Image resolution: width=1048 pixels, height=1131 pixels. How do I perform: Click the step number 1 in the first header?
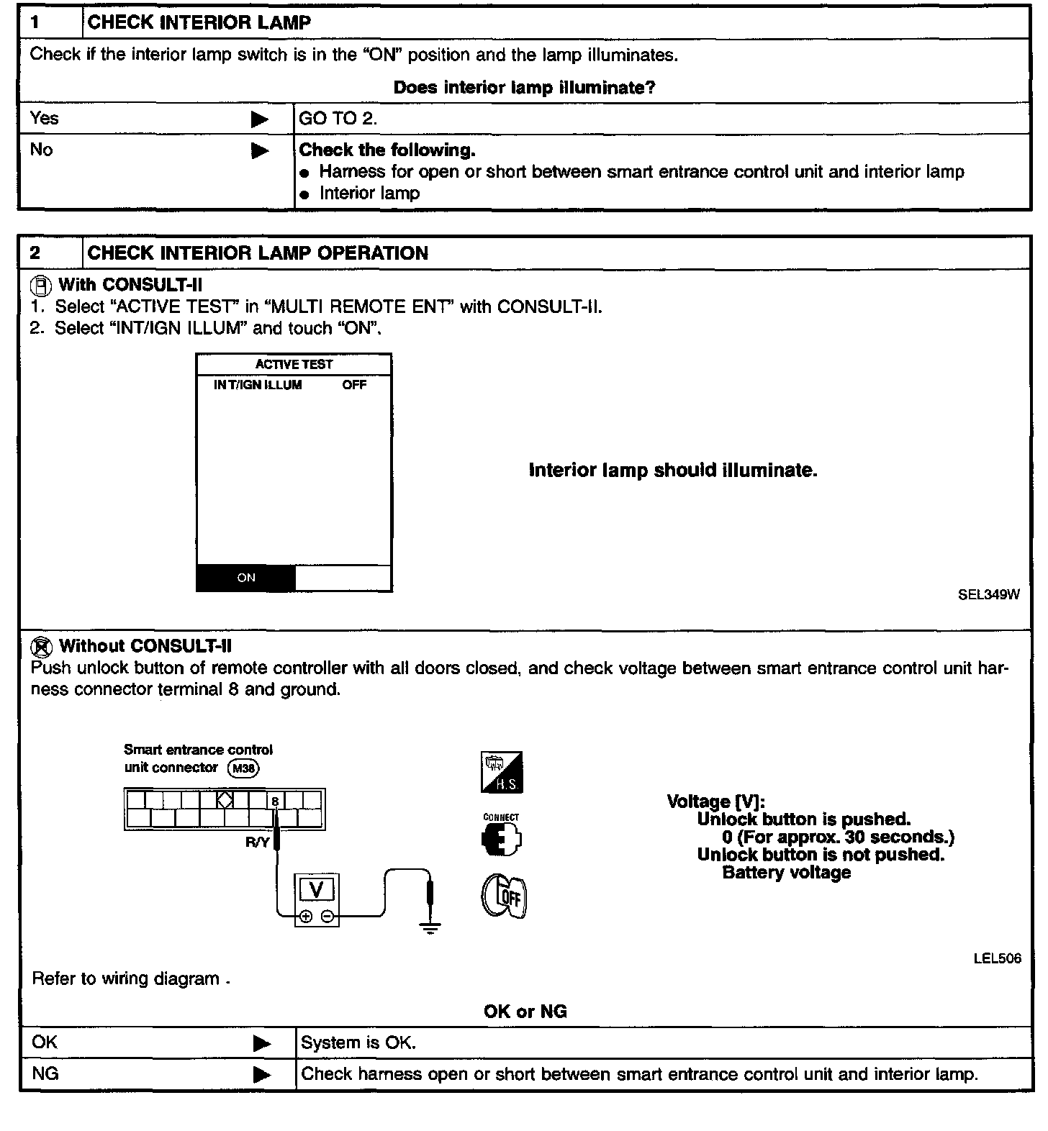coord(35,22)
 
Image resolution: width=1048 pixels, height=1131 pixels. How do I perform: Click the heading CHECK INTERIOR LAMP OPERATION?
coord(258,253)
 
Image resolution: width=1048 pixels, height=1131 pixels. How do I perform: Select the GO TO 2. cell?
coord(338,119)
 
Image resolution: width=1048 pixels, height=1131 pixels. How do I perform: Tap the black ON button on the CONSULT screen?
coord(246,578)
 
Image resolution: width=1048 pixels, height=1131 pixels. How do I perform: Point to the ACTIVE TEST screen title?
coord(294,365)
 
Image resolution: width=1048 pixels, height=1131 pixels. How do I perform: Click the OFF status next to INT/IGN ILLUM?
coord(354,385)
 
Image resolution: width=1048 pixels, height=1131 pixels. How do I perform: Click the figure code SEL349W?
coord(988,594)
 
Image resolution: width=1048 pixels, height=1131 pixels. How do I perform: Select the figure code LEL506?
coord(997,958)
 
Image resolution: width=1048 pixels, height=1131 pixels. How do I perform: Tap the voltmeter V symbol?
coord(316,891)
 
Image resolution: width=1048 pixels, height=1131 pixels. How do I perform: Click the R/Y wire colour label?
coord(257,842)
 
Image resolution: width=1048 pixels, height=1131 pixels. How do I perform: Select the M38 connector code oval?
coord(243,768)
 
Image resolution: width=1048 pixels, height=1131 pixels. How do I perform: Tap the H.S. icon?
coord(502,773)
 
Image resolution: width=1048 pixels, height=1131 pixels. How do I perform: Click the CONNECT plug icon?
coord(501,837)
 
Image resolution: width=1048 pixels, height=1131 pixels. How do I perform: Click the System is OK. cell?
coord(358,1043)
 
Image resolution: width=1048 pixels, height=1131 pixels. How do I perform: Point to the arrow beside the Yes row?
coord(260,119)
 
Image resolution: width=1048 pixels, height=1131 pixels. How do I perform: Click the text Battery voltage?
coord(786,873)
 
